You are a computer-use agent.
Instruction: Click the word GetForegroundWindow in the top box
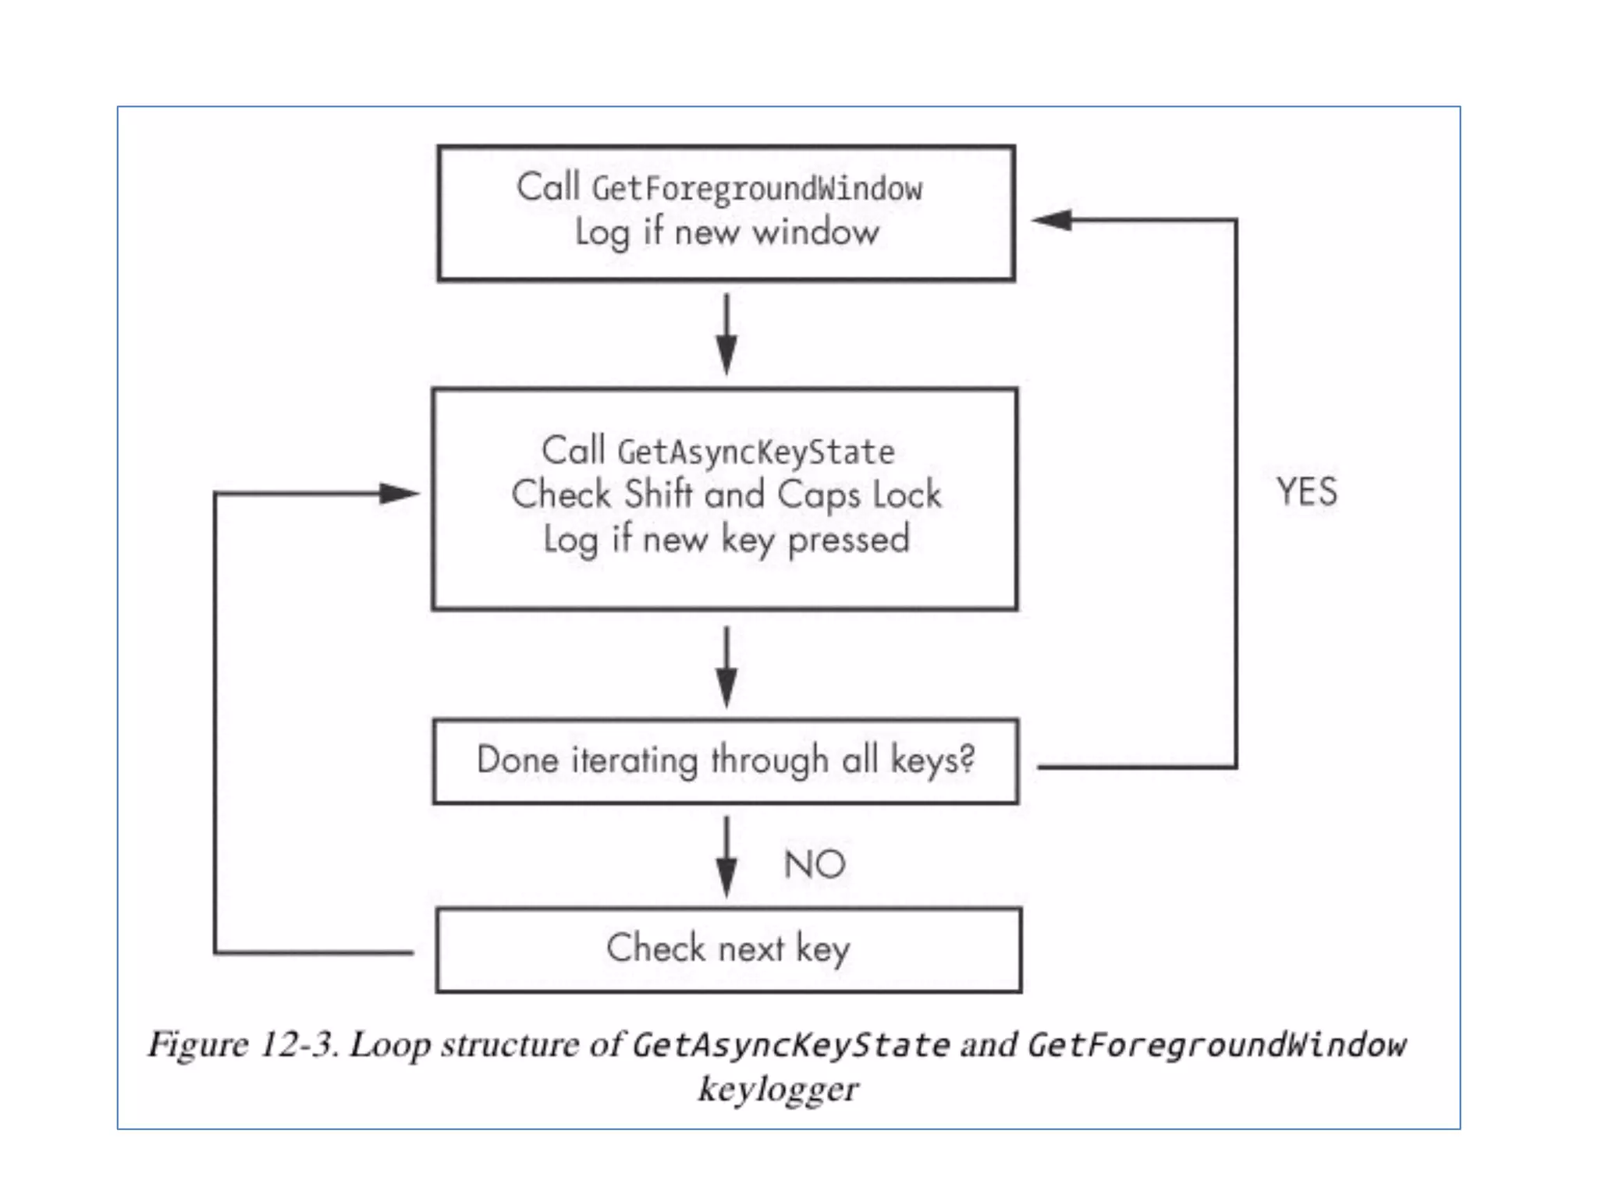click(x=757, y=190)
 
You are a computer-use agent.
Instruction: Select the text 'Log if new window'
click(x=726, y=232)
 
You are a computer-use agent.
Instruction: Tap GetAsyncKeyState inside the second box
click(x=756, y=452)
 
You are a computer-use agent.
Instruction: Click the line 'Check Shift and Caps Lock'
click(x=726, y=495)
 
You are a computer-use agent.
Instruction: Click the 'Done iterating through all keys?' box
click(x=726, y=761)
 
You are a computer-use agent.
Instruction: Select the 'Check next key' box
click(x=728, y=949)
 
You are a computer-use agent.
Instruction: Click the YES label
click(x=1307, y=492)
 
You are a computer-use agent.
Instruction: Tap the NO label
click(x=815, y=865)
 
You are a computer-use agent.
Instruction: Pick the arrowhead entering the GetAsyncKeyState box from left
click(x=399, y=493)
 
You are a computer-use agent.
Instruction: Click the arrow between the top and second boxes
click(x=726, y=335)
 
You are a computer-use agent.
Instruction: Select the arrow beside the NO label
click(x=726, y=858)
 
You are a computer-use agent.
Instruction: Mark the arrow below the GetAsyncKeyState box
click(x=726, y=668)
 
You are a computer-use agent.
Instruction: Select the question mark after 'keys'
click(x=967, y=758)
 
